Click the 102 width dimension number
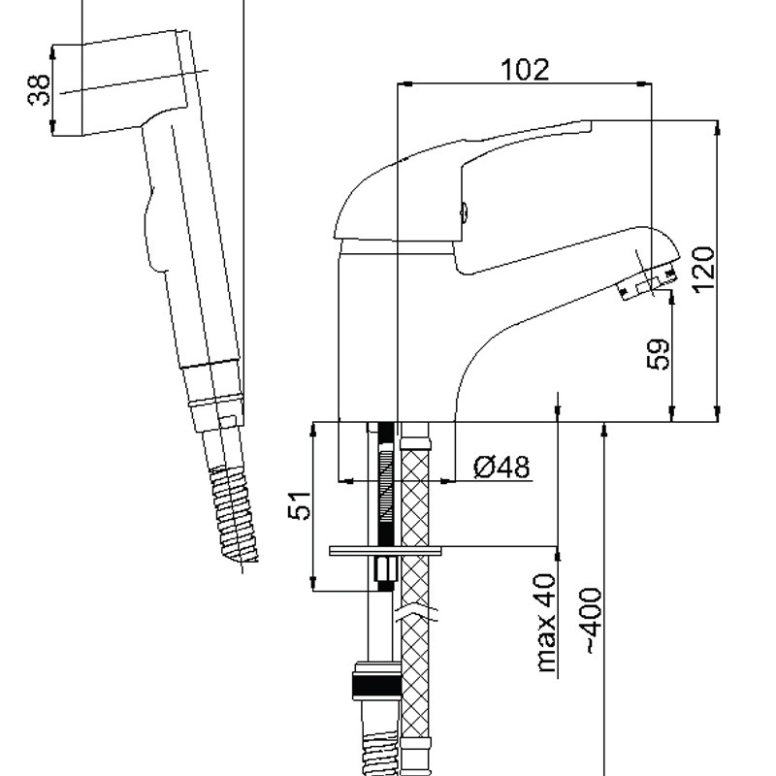coord(525,70)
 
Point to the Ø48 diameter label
coord(501,469)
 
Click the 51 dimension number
coord(303,504)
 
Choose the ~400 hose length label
coord(592,621)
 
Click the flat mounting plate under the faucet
coord(387,552)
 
